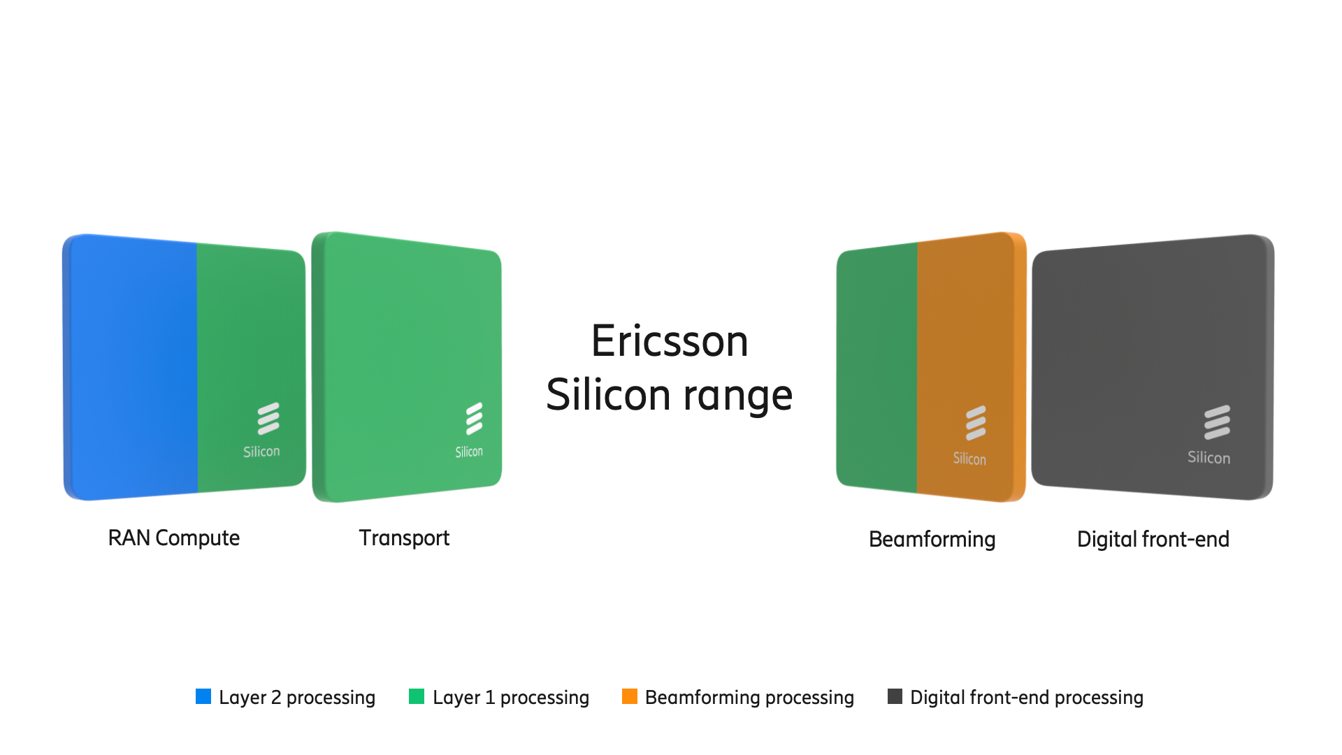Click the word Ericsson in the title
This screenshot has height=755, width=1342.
[x=670, y=341]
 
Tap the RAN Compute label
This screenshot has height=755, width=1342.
[x=174, y=538]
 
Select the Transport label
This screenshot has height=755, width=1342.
[x=404, y=538]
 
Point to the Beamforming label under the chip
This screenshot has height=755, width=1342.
[x=932, y=540]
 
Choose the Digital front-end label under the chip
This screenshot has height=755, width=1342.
[x=1153, y=539]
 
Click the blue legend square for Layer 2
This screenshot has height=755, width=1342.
[x=203, y=696]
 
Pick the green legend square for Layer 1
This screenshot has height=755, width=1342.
[x=417, y=696]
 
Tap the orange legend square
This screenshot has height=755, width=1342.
[x=630, y=696]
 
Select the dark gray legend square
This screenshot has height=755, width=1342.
[x=895, y=696]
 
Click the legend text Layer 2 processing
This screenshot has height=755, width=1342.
[x=297, y=698]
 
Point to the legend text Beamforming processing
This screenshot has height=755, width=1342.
[x=749, y=698]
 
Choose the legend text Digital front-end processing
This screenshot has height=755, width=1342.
[x=1027, y=698]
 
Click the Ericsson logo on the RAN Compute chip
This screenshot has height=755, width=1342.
[x=268, y=419]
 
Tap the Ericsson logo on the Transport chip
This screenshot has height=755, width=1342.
[x=475, y=419]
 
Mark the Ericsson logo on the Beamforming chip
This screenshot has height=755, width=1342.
[x=976, y=423]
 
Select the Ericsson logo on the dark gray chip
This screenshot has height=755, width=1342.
[x=1217, y=422]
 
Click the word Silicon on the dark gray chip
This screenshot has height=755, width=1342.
[x=1208, y=458]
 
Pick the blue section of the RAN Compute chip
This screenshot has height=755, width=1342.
[x=131, y=367]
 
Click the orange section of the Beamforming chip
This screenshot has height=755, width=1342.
[x=970, y=367]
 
